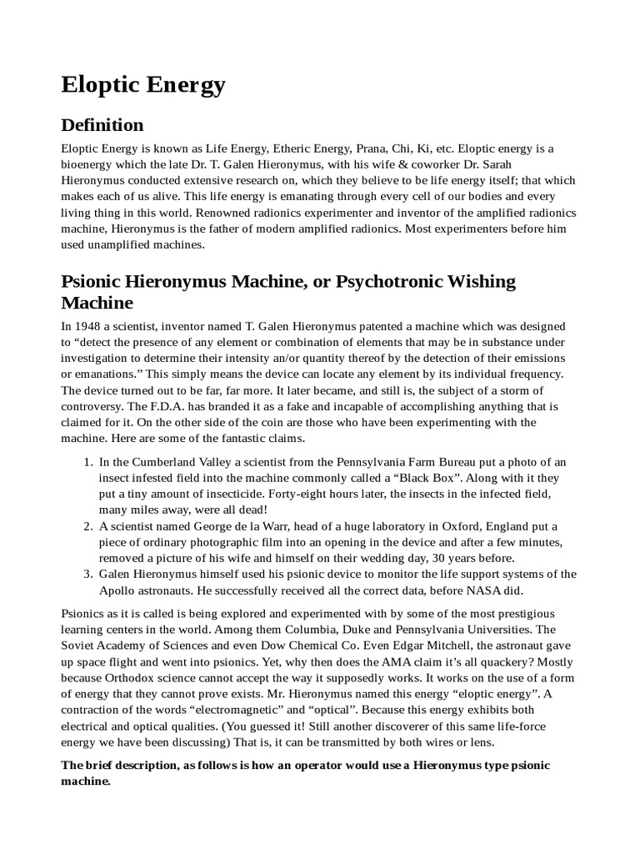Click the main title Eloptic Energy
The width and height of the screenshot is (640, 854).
tap(143, 84)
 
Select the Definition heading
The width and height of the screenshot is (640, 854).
tap(102, 125)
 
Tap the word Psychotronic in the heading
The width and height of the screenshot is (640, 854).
tap(387, 281)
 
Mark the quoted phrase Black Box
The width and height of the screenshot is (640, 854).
tap(447, 478)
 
